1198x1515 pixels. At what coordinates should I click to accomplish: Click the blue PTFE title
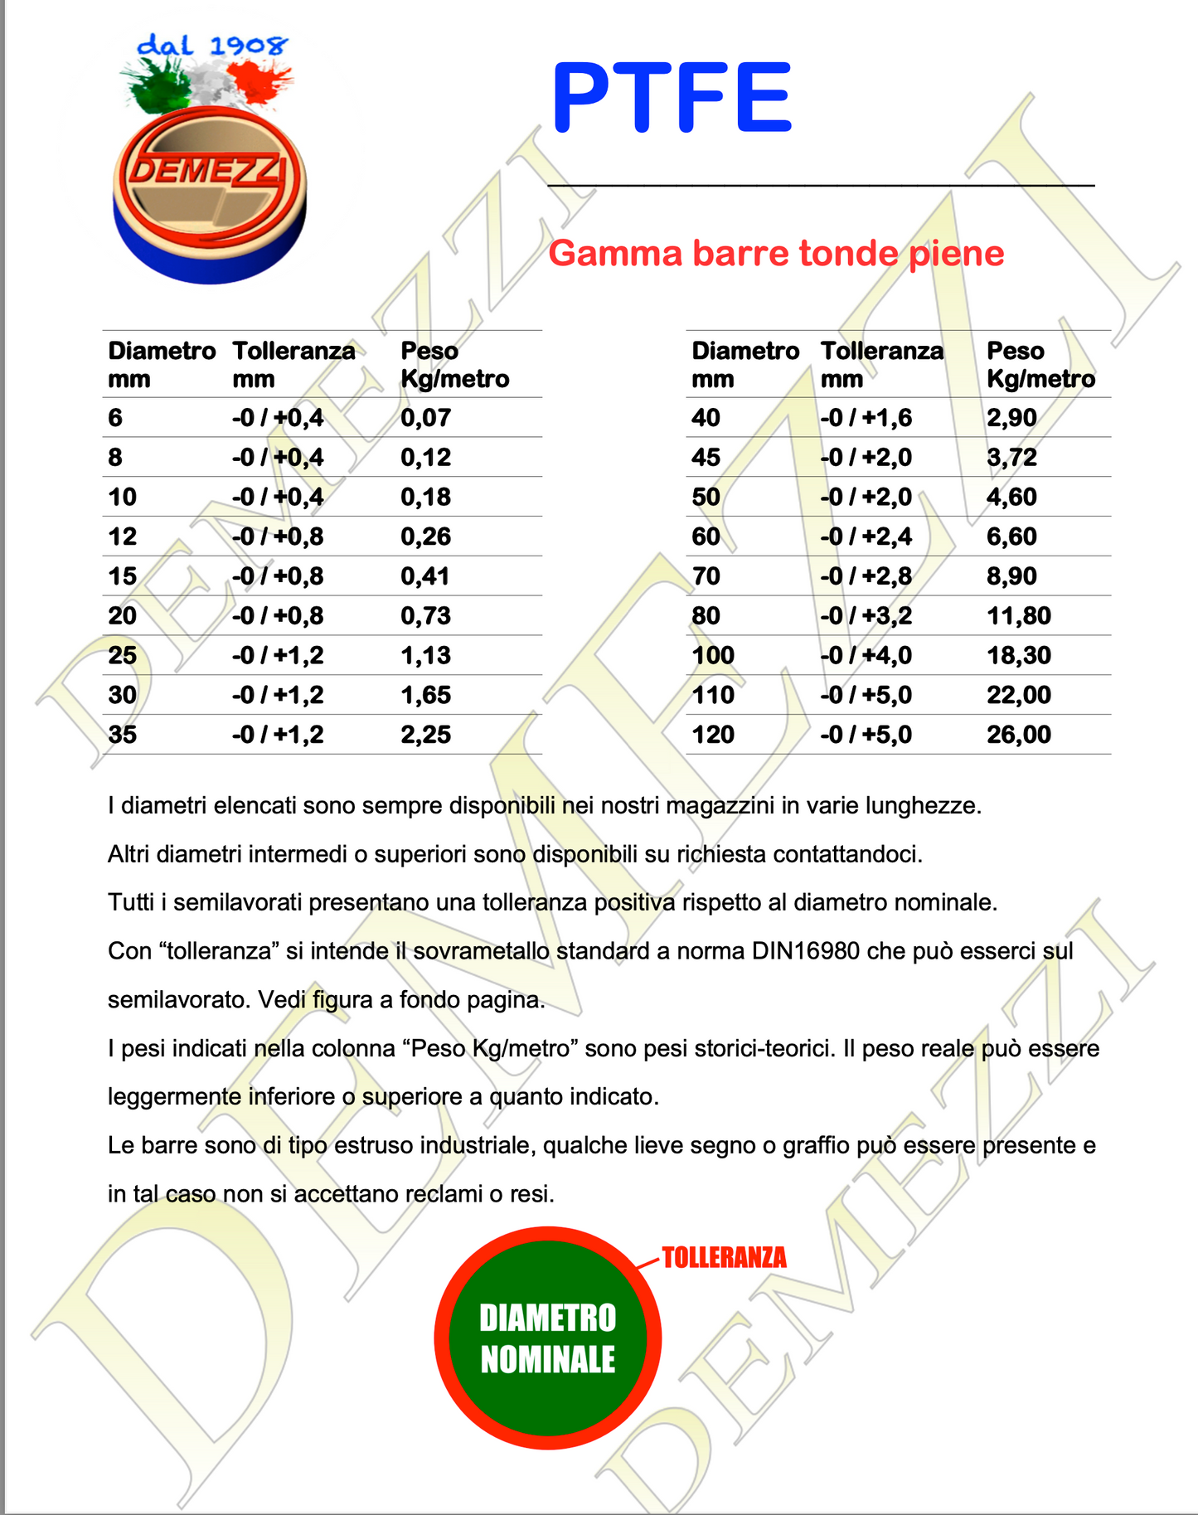(672, 98)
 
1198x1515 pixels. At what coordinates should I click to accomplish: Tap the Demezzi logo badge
(209, 192)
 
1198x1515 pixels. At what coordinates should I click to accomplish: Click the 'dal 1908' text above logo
(212, 45)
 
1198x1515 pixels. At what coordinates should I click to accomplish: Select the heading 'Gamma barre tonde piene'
(776, 253)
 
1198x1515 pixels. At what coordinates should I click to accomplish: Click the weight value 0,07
(425, 417)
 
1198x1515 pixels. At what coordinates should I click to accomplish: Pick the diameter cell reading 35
(123, 735)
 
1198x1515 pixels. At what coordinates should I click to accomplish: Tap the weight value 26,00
(1018, 735)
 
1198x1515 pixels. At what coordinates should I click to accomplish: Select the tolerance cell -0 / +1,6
(866, 417)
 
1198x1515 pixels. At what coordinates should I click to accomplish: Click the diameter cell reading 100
(713, 655)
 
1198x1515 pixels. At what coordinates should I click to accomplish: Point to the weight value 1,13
(425, 655)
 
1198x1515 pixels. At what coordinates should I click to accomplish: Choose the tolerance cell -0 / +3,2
(866, 615)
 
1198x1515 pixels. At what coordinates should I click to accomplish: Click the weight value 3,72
(1011, 457)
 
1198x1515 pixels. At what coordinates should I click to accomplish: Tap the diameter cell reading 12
(123, 537)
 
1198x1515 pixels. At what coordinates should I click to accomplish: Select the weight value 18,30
(1018, 655)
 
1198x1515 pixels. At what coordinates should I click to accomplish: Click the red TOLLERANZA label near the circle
(724, 1258)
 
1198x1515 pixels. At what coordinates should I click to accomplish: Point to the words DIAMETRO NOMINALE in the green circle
(548, 1338)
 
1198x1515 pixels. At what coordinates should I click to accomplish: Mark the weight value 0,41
(425, 576)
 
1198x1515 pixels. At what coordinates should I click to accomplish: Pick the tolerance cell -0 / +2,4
(866, 537)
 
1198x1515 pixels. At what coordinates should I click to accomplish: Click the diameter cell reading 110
(713, 695)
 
